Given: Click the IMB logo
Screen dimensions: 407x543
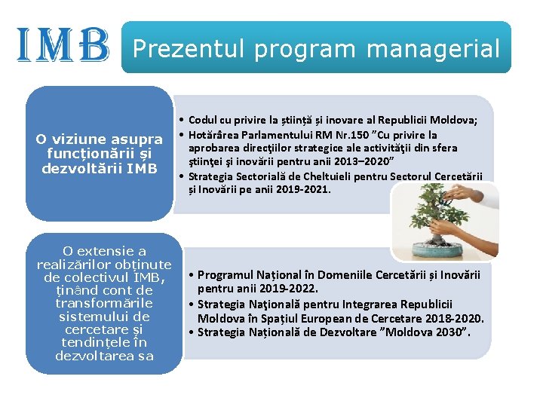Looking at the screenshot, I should [63, 44].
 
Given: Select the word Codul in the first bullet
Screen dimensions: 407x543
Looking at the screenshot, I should [203, 121].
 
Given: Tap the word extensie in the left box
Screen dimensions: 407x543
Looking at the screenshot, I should [110, 251].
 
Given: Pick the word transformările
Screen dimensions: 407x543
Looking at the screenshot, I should [105, 303].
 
